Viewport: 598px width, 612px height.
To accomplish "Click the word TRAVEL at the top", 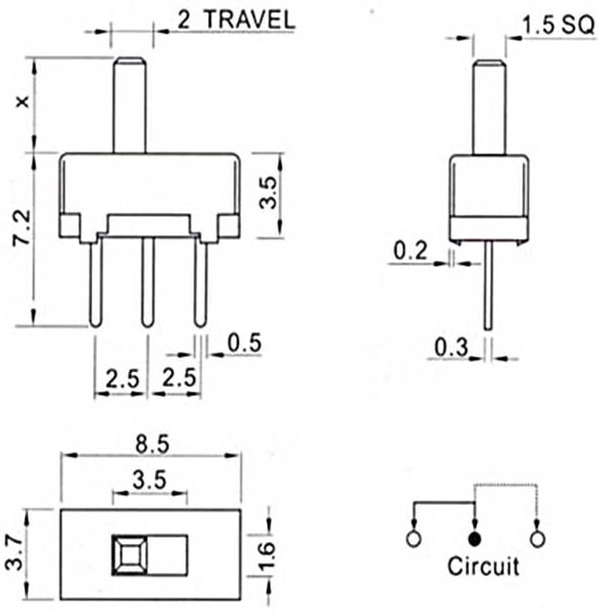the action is coord(250,20).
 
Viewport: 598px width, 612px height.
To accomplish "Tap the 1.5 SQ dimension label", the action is coord(558,25).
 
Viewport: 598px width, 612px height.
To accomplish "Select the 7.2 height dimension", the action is coord(21,227).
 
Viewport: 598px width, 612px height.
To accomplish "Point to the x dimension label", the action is coord(23,101).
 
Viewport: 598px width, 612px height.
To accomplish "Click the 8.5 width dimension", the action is coord(153,445).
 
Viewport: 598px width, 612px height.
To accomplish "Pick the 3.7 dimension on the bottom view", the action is coord(14,553).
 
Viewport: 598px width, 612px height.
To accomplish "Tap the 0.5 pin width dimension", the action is coord(245,342).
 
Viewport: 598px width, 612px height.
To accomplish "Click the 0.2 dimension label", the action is coord(410,250).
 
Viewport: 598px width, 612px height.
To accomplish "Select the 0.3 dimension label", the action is coord(451,347).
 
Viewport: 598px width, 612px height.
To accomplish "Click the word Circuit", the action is coord(484,566).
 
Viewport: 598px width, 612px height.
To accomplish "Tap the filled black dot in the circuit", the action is coord(474,539).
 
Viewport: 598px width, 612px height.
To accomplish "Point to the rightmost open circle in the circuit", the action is coord(538,539).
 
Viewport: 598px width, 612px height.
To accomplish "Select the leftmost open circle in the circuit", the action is coord(414,539).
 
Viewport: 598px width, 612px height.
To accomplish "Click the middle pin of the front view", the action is coord(147,282).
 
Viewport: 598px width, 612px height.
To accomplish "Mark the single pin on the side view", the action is coord(488,286).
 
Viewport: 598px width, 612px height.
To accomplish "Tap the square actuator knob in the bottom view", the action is coord(129,555).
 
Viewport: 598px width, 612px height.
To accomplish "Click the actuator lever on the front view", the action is coord(129,105).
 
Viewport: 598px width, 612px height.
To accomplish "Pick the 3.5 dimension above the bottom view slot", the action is coord(150,480).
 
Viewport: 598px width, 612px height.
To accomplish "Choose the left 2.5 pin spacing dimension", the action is coord(122,379).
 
